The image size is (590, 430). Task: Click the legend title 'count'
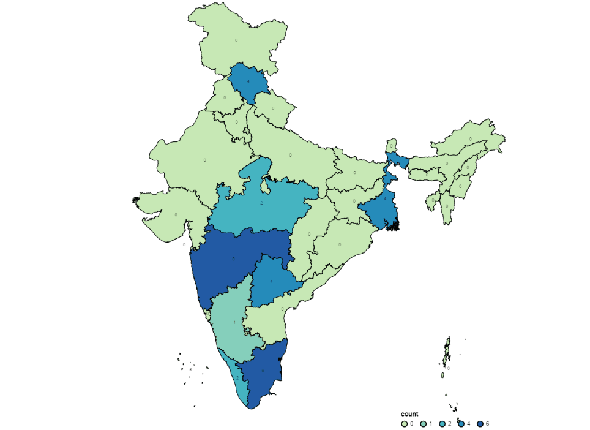(x=409, y=415)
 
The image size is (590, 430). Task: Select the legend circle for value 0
(x=405, y=423)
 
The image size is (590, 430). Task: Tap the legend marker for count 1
(x=424, y=423)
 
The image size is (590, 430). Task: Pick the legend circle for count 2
(x=443, y=423)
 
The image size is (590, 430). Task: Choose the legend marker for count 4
(x=461, y=423)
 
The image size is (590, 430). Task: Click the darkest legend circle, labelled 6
(x=480, y=423)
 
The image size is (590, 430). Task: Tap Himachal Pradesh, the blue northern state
(x=248, y=81)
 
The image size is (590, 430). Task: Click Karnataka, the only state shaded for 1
(x=233, y=322)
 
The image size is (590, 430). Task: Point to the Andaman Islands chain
(x=447, y=355)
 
